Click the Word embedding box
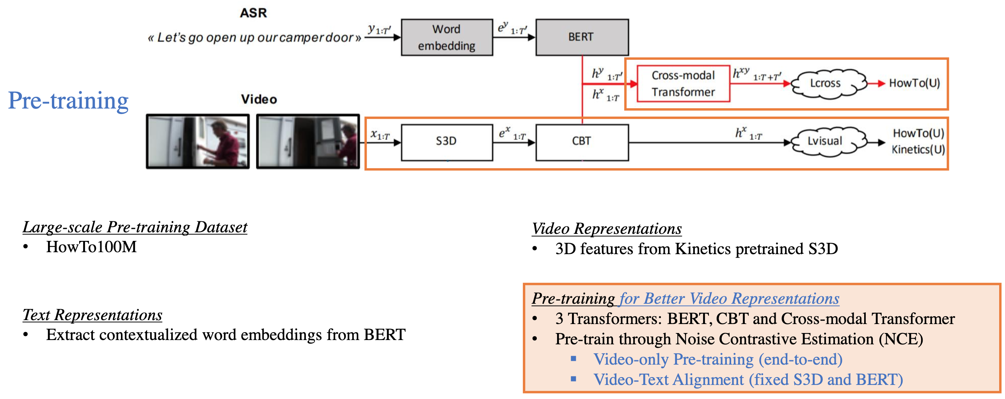pos(447,37)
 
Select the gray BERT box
pos(582,37)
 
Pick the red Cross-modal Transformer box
pos(683,84)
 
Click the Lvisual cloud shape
pos(825,141)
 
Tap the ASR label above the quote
pos(253,13)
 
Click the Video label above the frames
pos(259,99)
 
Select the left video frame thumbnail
pos(198,141)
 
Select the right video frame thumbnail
pos(308,141)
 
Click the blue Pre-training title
pos(68,101)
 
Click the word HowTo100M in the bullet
pos(91,247)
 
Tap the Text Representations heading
pos(92,315)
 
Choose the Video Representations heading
pos(607,229)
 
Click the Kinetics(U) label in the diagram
pos(918,150)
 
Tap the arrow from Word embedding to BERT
pos(514,37)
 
